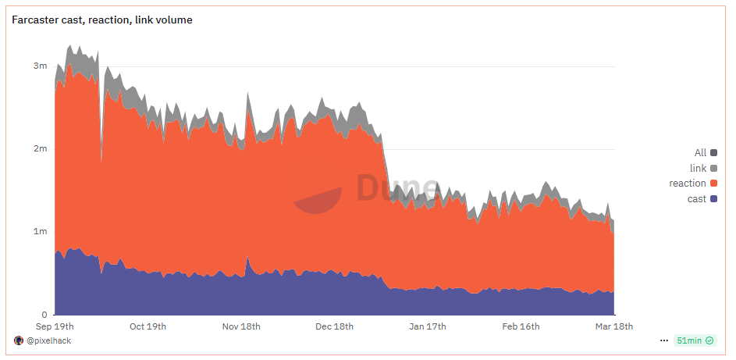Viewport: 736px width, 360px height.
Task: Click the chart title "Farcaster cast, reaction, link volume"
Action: [x=102, y=20]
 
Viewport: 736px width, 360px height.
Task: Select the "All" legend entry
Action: [x=700, y=153]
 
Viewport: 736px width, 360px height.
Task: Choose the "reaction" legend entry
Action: [x=688, y=184]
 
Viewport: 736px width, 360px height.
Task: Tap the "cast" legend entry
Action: [x=697, y=199]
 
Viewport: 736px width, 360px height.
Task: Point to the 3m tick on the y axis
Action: [x=40, y=66]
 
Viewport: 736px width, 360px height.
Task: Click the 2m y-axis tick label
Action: [x=40, y=148]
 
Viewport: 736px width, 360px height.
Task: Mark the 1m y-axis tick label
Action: [x=40, y=231]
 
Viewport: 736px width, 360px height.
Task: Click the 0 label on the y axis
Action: [x=44, y=314]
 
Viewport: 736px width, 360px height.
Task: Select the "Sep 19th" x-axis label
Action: [x=55, y=326]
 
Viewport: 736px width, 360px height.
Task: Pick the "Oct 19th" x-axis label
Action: [x=148, y=326]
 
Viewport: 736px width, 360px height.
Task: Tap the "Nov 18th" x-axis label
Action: [x=241, y=326]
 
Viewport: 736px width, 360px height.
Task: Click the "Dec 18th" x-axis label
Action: [x=335, y=326]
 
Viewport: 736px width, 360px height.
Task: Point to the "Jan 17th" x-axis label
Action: [x=427, y=326]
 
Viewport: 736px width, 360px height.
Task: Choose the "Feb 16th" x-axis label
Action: [x=521, y=326]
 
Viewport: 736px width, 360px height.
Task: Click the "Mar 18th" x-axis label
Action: [x=613, y=326]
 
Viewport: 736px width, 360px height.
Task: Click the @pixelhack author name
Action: [x=48, y=341]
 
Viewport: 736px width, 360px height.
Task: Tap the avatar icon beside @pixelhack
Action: [x=19, y=341]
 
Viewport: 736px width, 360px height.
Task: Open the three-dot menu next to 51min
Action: [x=664, y=341]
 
